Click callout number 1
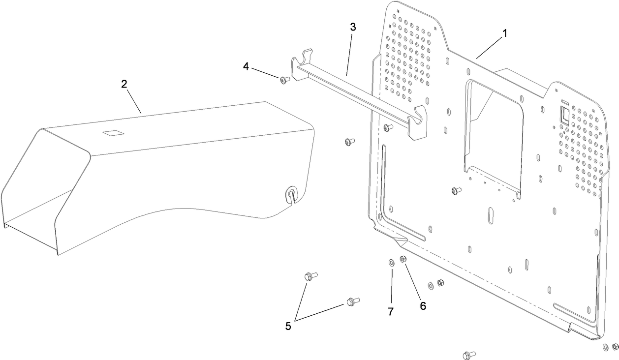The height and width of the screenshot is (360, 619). pos(504,34)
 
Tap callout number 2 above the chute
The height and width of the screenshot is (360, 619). pos(124,84)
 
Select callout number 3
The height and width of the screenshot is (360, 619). pos(353,27)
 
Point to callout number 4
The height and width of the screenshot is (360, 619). pos(246,66)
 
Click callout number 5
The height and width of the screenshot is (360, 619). pos(288,326)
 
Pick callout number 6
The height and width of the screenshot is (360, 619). pos(423,306)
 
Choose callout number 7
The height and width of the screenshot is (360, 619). pos(391,312)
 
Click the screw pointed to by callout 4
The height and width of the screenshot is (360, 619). pos(284,80)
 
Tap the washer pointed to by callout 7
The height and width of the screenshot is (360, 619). pos(391,263)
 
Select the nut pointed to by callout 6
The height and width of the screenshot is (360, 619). pos(403,259)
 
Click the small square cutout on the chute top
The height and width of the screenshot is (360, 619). pos(113,133)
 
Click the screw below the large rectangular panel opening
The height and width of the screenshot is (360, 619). pos(457,190)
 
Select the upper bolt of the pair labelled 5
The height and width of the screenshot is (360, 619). pos(311,276)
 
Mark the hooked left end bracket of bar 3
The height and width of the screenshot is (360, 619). pos(302,65)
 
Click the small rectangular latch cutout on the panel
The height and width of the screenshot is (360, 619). pos(564,115)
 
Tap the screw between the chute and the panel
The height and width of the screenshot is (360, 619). pos(350,142)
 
